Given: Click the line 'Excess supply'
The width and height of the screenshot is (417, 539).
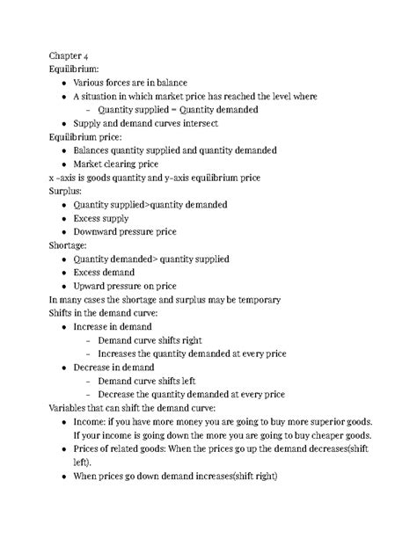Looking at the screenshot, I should click(101, 218).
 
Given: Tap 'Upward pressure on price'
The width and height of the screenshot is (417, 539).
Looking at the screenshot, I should click(124, 286).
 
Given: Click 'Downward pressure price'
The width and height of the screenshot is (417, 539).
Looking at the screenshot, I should click(124, 232).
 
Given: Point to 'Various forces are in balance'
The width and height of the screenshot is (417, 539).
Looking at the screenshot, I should click(130, 83).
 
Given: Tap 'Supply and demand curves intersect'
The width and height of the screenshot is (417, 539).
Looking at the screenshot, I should click(147, 123).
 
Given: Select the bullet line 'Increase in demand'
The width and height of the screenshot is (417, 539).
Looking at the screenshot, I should click(113, 327).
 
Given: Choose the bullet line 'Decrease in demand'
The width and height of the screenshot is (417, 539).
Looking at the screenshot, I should click(113, 368).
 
